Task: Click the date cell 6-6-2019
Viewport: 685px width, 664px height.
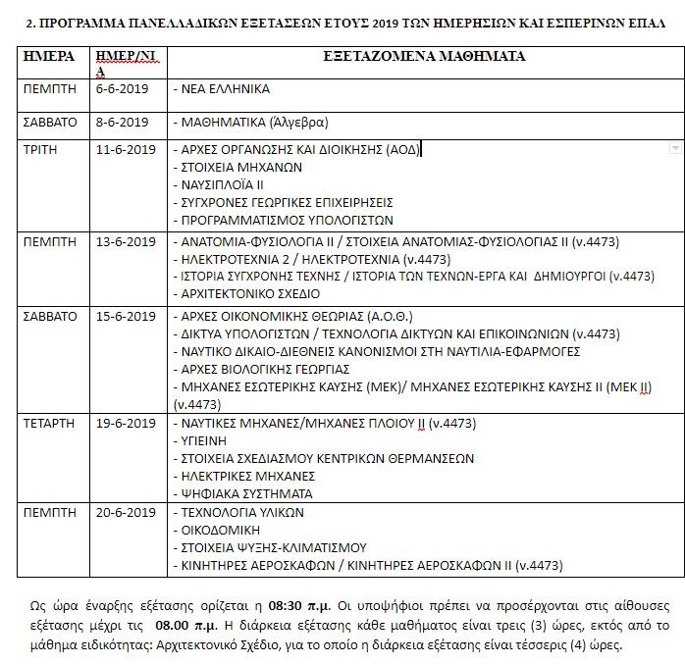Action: pos(122,88)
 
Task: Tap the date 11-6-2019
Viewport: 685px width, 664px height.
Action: pos(125,150)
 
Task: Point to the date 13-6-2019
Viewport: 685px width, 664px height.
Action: pos(125,241)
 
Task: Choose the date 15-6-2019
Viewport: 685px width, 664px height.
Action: pos(125,316)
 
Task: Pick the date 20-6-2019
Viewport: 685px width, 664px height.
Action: pos(125,512)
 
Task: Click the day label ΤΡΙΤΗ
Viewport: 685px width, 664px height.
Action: pos(40,150)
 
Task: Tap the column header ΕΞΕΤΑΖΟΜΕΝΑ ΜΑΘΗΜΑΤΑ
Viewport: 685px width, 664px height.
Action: pos(424,57)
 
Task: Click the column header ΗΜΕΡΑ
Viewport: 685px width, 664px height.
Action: pos(49,57)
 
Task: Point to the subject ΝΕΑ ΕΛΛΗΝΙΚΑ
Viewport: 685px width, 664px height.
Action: pos(224,88)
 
